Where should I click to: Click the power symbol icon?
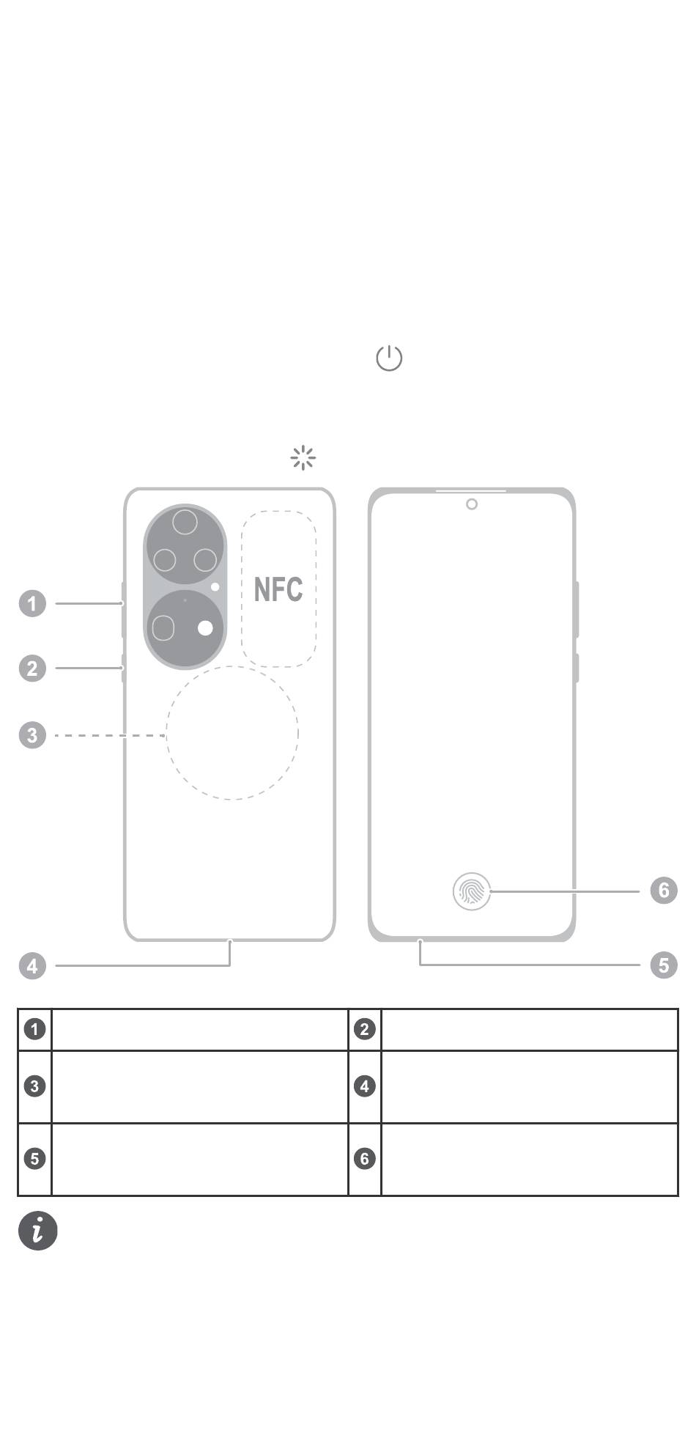389,358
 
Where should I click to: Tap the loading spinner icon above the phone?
303,457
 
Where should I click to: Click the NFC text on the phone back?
278,589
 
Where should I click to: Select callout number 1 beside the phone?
32,604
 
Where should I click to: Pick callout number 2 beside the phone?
32,668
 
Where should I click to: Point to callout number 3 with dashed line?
32,735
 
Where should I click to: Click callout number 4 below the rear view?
32,966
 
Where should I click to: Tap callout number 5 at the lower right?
664,965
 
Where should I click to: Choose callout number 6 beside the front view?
664,891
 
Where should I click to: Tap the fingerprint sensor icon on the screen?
471,891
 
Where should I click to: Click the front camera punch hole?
472,504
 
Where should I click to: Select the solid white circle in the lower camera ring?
206,628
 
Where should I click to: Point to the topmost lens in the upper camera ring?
185,523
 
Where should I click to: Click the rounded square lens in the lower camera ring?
163,628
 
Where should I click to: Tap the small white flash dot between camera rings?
215,586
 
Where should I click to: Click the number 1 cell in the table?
34,1029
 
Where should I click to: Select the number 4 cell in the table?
364,1086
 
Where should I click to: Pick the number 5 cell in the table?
34,1158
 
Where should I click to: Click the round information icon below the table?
38,1230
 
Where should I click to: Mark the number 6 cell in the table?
364,1158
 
